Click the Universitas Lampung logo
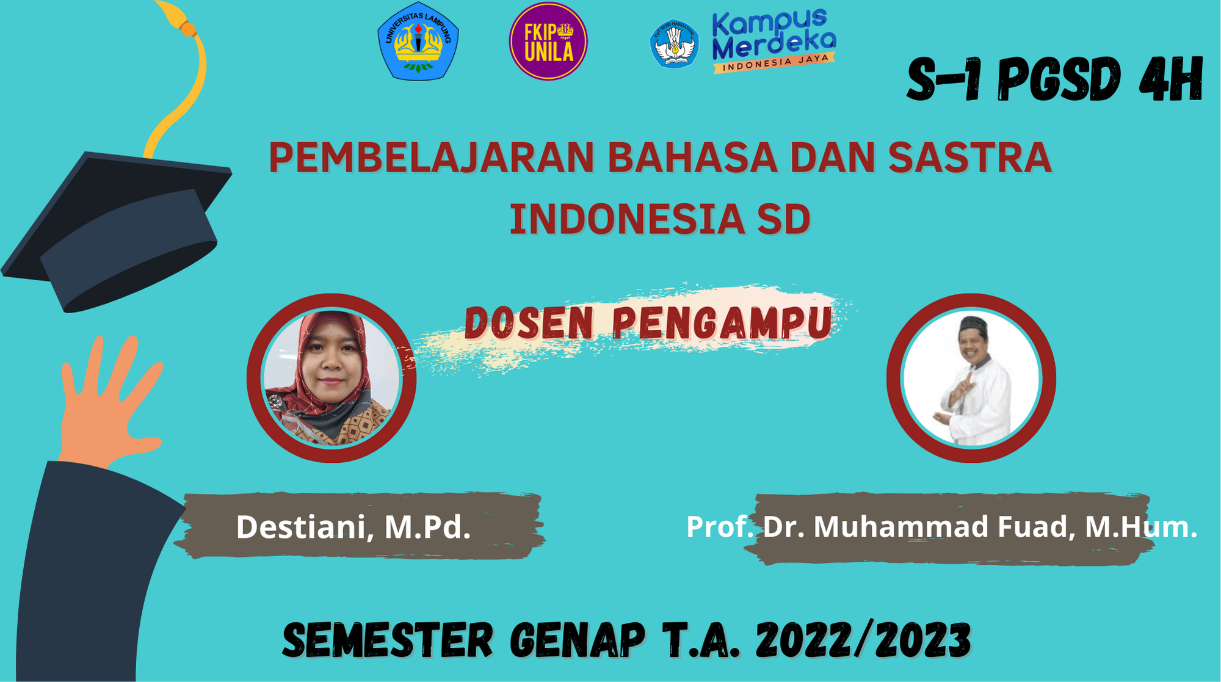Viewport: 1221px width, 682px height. pyautogui.click(x=418, y=42)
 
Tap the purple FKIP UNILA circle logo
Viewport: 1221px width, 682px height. pyautogui.click(x=548, y=42)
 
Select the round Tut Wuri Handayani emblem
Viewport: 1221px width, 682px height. pyautogui.click(x=675, y=43)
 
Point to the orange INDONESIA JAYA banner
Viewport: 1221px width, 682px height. pyautogui.click(x=775, y=62)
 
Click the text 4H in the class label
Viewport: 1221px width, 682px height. pyautogui.click(x=1170, y=80)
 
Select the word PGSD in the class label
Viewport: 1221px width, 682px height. pyautogui.click(x=1059, y=80)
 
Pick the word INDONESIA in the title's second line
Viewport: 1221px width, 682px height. pyautogui.click(x=627, y=219)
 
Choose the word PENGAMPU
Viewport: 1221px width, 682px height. pyautogui.click(x=722, y=323)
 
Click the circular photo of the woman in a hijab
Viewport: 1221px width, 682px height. pyautogui.click(x=332, y=378)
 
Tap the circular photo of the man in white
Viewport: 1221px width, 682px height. pyautogui.click(x=971, y=378)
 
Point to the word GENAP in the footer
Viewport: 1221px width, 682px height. pyautogui.click(x=577, y=640)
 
